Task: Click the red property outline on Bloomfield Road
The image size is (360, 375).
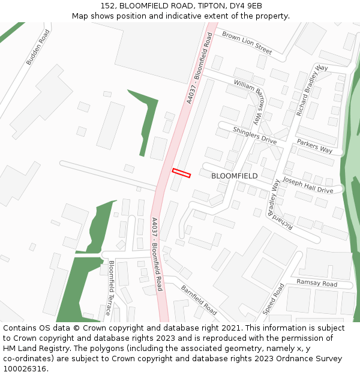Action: pos(181,173)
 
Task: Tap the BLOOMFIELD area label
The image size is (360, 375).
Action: pos(235,176)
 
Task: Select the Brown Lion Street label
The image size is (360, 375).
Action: pos(247,43)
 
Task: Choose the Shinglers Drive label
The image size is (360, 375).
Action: pos(254,136)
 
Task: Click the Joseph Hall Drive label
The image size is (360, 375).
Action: pos(307,185)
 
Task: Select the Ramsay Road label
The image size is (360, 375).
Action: pos(317,283)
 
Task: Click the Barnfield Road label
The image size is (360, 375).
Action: pos(199,301)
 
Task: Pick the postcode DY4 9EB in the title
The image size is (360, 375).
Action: pos(246,6)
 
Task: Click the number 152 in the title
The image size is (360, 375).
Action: pos(108,6)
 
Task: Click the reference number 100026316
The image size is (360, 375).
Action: pos(24,369)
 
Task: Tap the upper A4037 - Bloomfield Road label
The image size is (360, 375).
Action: pos(200,68)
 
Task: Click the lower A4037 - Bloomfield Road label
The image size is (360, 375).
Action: pos(157,254)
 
